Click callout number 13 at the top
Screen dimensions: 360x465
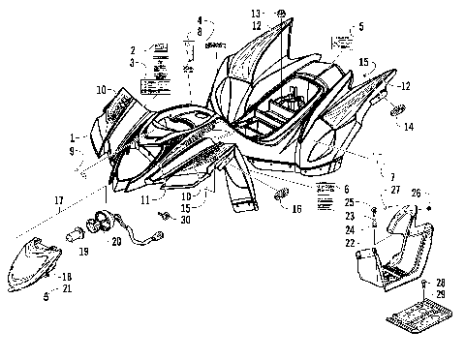point(257,13)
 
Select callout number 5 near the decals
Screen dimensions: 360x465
point(361,27)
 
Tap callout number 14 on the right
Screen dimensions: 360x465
point(409,126)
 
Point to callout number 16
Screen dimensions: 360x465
point(297,208)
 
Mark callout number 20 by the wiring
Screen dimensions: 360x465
point(145,242)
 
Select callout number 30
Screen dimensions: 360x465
point(185,220)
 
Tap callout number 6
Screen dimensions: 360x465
point(346,188)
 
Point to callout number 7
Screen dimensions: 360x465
point(365,178)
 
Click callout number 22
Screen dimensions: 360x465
point(351,242)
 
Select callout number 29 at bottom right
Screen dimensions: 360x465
point(441,293)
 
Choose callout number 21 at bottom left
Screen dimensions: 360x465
point(67,288)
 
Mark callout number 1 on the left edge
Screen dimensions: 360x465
point(73,137)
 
